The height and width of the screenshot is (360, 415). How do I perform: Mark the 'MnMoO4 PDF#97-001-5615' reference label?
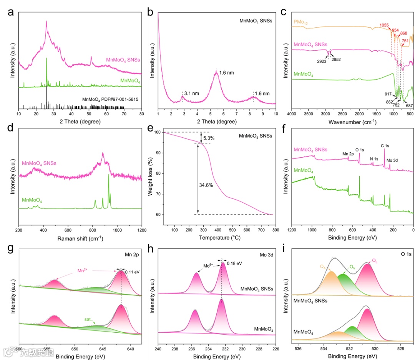pos(110,99)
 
